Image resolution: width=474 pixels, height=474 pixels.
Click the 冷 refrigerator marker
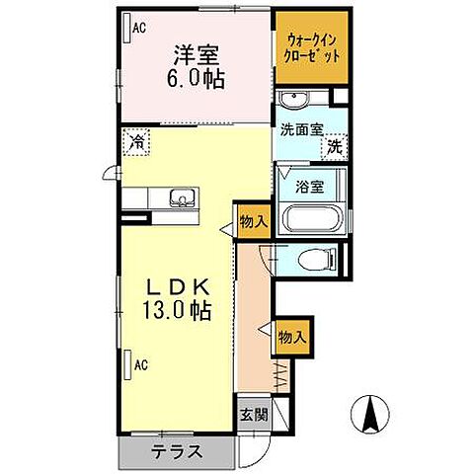point(136,141)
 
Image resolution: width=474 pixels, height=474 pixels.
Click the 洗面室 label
point(300,127)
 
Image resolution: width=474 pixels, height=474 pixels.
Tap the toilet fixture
point(316,259)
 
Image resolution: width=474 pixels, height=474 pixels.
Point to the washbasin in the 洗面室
point(291,100)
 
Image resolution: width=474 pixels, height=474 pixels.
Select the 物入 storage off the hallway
point(292,337)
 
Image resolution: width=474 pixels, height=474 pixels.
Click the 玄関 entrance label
point(252,415)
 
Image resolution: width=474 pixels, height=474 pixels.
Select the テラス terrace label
point(178,453)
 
